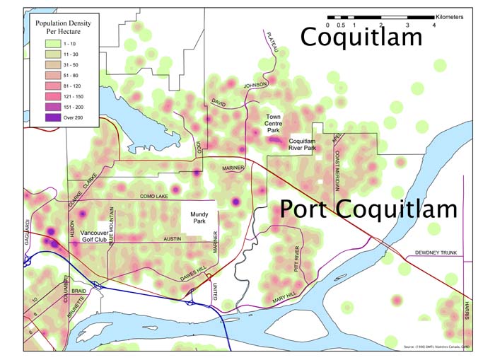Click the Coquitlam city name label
361,37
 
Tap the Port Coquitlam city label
368,209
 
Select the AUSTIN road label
173,240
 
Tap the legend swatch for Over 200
45,117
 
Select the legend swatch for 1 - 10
45,45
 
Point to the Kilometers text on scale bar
450,16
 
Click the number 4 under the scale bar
433,25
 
